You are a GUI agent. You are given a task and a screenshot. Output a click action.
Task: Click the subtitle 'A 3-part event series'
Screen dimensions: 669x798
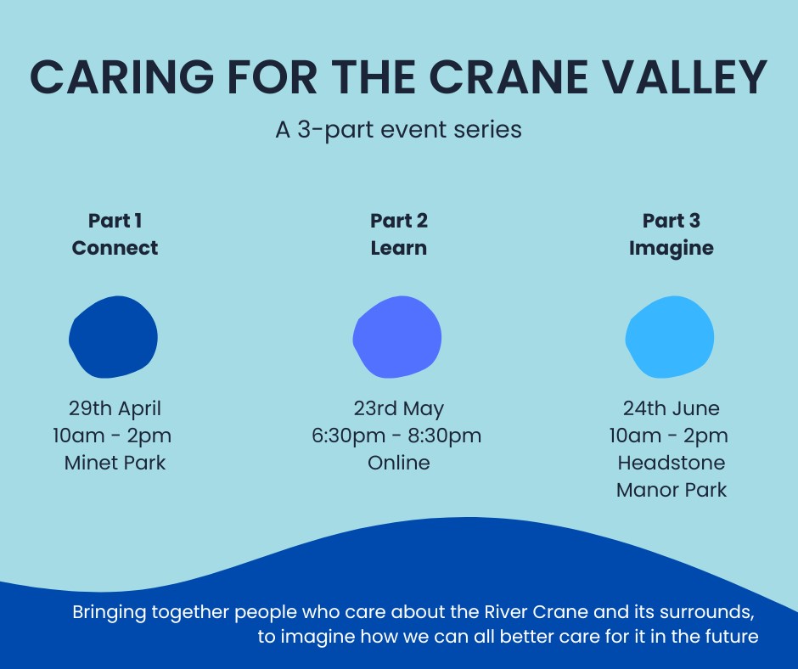[398, 130]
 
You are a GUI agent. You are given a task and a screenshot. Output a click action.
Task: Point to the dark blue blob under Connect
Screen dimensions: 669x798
[113, 337]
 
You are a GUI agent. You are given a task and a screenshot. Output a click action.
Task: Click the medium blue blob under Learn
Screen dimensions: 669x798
[397, 337]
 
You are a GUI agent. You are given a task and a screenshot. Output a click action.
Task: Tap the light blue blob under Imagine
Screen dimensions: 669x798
[670, 337]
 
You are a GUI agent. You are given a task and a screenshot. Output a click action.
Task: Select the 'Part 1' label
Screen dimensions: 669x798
[115, 221]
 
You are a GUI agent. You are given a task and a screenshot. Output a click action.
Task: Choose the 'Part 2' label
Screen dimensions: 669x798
[398, 221]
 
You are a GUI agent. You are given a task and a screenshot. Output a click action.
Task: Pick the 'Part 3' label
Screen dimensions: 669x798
[671, 221]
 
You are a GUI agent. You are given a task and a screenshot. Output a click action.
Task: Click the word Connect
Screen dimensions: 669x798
[115, 248]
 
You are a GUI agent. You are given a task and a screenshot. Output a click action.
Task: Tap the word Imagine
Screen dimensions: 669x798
[671, 248]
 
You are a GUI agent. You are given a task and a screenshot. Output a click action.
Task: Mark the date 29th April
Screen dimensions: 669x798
[115, 408]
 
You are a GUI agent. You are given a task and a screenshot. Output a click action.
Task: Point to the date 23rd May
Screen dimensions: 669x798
[398, 408]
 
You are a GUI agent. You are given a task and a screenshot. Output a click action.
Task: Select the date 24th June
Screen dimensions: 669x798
[671, 408]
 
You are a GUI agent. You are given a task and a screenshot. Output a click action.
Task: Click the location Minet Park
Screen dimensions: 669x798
[115, 463]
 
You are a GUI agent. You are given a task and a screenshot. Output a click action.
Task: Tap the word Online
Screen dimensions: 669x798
[398, 463]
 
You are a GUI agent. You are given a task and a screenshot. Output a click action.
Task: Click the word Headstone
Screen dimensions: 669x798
[671, 463]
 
